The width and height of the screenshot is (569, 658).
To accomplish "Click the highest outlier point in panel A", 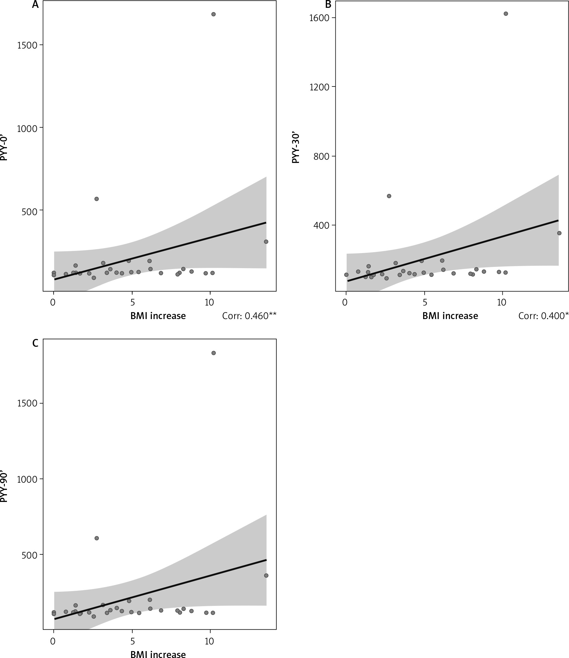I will tap(213, 14).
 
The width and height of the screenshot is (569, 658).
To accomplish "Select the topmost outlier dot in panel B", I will tap(506, 14).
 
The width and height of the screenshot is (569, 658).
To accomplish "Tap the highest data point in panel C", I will tap(213, 353).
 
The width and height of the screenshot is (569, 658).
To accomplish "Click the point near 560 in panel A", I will tap(96, 199).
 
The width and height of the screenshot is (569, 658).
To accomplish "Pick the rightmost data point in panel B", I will tap(559, 233).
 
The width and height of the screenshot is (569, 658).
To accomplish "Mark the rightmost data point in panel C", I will tap(266, 575).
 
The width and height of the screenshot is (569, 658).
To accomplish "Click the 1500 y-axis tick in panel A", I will tap(27, 45).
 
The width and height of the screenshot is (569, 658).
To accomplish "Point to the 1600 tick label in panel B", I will tap(319, 18).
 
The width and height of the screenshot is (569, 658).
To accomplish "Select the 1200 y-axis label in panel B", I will tap(319, 87).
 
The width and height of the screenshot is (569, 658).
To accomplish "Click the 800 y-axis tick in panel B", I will tap(321, 156).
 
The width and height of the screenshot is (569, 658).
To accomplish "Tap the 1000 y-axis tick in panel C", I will tap(27, 480).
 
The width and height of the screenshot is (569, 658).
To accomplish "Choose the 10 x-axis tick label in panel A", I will tap(209, 302).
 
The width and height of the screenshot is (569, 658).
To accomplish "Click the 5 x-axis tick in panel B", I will tap(424, 302).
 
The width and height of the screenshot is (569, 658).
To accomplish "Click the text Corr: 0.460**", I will tap(249, 316).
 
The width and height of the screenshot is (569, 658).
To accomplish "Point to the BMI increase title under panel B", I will tap(450, 316).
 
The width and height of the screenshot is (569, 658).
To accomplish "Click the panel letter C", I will tap(35, 343).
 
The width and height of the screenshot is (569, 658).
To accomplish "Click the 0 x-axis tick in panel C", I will tap(53, 641).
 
